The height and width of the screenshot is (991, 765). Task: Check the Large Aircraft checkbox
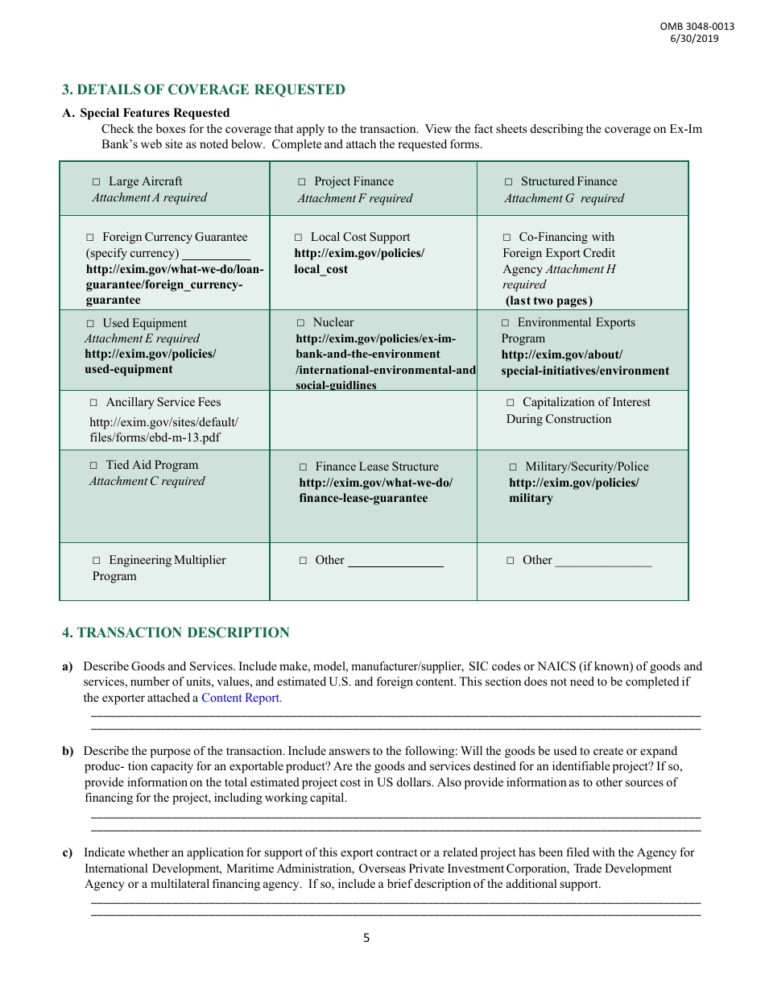tap(97, 182)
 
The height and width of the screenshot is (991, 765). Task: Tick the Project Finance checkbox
tap(302, 182)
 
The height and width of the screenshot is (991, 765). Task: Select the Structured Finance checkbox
tap(509, 182)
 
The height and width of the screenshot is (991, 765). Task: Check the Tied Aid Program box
tap(93, 466)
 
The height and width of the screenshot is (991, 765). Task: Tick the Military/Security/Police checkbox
tap(513, 467)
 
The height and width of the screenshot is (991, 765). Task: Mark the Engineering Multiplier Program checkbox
tap(97, 561)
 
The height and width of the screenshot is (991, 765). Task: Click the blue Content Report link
tap(242, 698)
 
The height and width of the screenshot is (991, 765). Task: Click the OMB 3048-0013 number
tap(697, 27)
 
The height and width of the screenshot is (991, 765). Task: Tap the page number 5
tap(366, 938)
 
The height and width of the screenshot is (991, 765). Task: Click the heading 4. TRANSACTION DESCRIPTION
tap(176, 632)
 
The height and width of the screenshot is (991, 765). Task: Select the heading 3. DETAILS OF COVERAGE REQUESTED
tap(204, 89)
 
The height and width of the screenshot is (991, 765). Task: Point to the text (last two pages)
tap(549, 301)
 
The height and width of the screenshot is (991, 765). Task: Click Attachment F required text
tap(354, 198)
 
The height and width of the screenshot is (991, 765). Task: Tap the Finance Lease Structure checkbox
tap(304, 467)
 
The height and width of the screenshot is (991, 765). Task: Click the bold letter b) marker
tap(68, 751)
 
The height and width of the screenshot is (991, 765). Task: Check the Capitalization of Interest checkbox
tap(511, 403)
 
